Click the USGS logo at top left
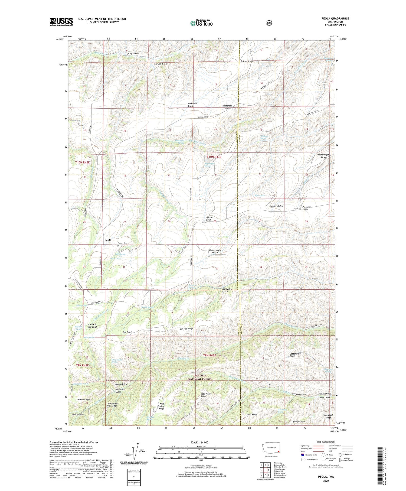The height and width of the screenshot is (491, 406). point(61,21)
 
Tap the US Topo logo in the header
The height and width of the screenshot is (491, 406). point(201,23)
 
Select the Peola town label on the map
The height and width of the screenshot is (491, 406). point(108,240)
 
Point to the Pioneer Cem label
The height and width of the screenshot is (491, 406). point(122,243)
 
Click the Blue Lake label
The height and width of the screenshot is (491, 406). point(259,195)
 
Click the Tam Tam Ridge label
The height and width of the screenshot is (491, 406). point(186,329)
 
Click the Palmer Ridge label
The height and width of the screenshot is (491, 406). point(247,61)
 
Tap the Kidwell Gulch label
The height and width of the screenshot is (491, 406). point(161,64)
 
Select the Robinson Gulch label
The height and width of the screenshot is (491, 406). point(192,105)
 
